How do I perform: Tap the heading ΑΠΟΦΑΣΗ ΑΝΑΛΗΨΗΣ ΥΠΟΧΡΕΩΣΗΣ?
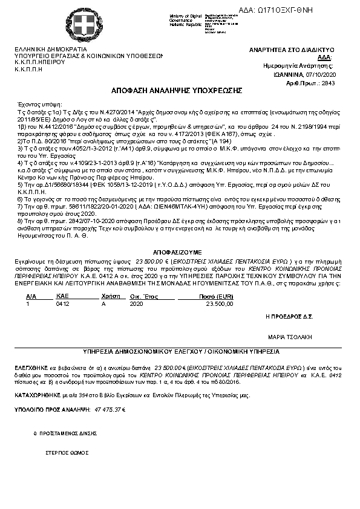(177, 90)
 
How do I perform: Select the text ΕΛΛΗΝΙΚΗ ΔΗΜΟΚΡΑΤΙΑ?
(50, 49)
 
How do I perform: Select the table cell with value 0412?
(62, 304)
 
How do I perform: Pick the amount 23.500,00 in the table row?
(220, 304)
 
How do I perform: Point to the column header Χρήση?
(108, 297)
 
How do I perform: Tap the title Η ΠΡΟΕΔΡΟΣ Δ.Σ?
(289, 316)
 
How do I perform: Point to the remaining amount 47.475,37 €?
(110, 409)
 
